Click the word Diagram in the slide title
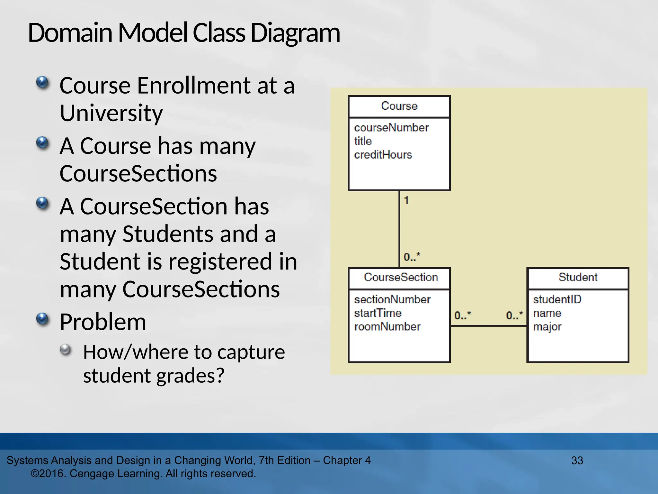(x=295, y=33)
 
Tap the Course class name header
(x=399, y=106)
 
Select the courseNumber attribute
(x=391, y=128)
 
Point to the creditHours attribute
(x=383, y=155)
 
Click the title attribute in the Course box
(x=363, y=141)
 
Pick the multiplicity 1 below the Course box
(x=406, y=200)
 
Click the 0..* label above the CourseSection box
(x=412, y=257)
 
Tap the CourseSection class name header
(x=401, y=277)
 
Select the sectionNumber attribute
(x=392, y=299)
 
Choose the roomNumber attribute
(x=387, y=327)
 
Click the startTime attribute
(x=378, y=313)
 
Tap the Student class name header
(x=578, y=277)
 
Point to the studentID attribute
(x=557, y=299)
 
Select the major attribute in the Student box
(x=547, y=327)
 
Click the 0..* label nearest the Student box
(x=514, y=315)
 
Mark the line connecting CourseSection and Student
(x=488, y=326)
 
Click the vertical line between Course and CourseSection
(x=399, y=228)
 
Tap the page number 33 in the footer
(x=577, y=461)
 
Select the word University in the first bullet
(x=111, y=113)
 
